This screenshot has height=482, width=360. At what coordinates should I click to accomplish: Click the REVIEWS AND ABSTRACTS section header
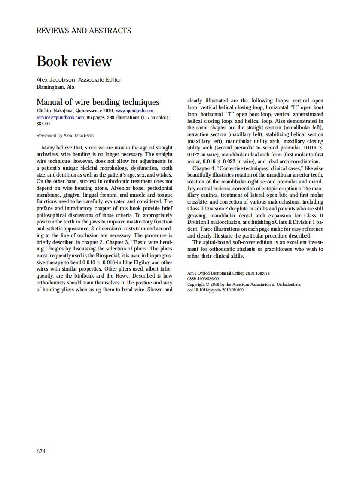84,31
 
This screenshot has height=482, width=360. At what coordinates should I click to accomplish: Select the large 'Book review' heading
74,61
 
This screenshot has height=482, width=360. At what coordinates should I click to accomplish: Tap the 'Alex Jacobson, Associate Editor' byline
79,79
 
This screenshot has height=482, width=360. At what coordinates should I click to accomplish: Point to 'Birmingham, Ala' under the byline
55,87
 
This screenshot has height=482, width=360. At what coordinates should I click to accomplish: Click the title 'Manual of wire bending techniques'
98,102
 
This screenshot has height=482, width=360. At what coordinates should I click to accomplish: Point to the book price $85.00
43,123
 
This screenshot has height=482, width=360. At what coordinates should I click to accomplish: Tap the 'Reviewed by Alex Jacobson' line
65,135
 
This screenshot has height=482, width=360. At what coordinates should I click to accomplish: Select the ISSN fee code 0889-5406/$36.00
203,279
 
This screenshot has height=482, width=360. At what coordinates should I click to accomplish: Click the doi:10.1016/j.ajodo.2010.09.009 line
215,290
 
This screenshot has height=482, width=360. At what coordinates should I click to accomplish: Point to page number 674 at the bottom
41,451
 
